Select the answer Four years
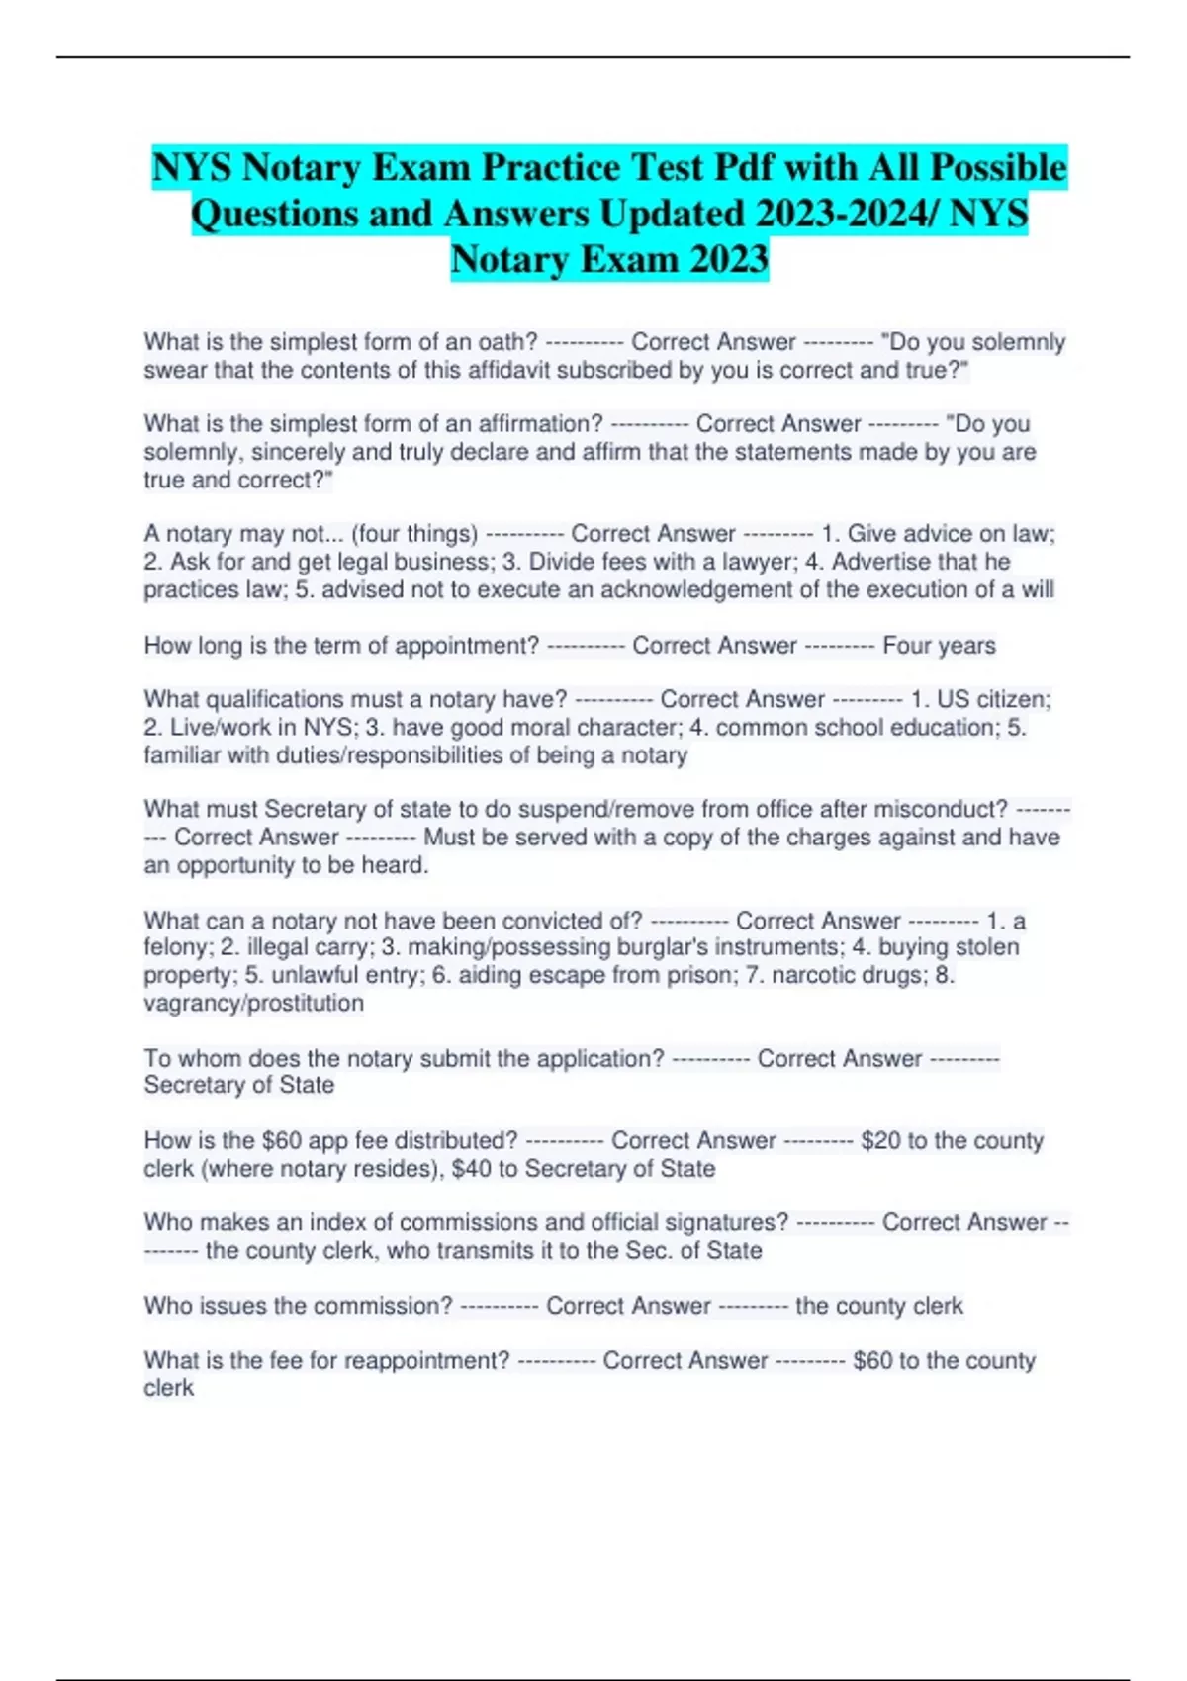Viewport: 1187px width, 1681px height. [x=939, y=646]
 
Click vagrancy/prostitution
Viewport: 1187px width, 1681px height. [x=253, y=1003]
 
